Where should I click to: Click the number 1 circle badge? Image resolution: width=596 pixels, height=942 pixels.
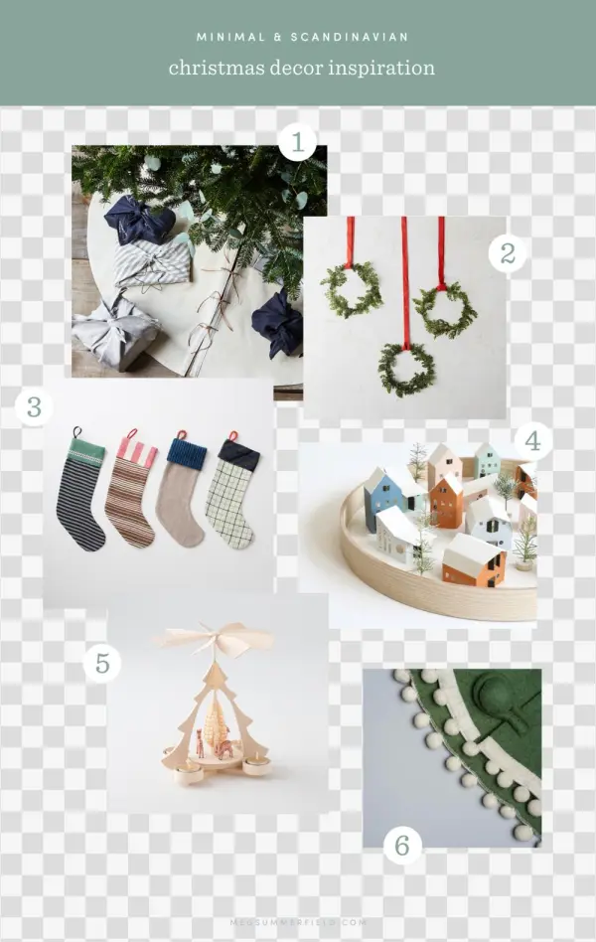[x=296, y=142]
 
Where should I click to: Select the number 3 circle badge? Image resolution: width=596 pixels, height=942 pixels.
[x=34, y=406]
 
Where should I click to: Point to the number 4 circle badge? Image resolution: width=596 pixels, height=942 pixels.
[x=532, y=440]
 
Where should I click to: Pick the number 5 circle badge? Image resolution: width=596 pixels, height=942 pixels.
[x=101, y=663]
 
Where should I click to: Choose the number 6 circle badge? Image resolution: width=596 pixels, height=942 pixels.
[x=402, y=846]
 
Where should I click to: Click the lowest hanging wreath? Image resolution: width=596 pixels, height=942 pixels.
[x=405, y=369]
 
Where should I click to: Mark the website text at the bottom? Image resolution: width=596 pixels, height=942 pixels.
[x=298, y=922]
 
